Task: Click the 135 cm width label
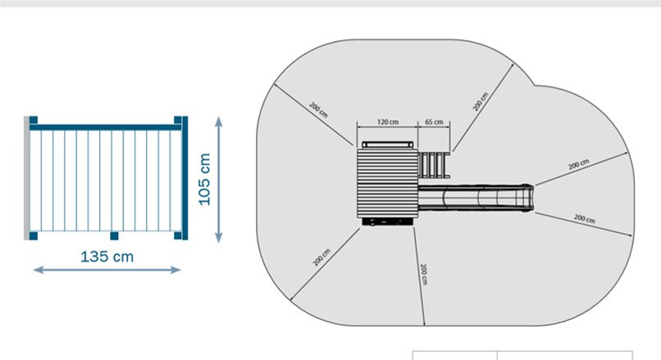click(107, 257)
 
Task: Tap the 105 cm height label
click(204, 180)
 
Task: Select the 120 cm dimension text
click(388, 122)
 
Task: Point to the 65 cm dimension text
click(434, 122)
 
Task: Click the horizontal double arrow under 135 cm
click(107, 270)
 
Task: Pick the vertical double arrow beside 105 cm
click(218, 180)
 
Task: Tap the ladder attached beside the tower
click(434, 166)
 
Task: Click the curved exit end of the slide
click(527, 198)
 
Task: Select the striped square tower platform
click(387, 183)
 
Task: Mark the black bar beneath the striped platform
click(387, 221)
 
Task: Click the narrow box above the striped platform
click(387, 144)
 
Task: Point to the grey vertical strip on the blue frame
click(26, 178)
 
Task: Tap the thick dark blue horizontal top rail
click(106, 127)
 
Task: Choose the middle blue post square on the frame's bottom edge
click(114, 235)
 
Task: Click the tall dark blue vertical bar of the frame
click(185, 178)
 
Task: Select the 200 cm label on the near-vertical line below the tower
click(424, 274)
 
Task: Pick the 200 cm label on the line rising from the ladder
click(480, 102)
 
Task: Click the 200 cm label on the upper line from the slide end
click(579, 164)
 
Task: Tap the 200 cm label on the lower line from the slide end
click(585, 218)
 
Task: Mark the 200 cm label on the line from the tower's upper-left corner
click(318, 110)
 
